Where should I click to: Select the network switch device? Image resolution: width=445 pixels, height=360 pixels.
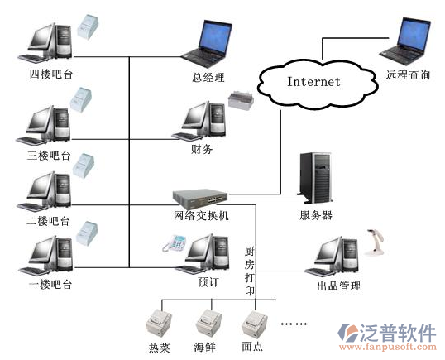(x=200, y=196)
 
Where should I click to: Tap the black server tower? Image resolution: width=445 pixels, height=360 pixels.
(x=315, y=178)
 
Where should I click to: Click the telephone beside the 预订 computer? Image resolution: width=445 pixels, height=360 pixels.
(x=175, y=243)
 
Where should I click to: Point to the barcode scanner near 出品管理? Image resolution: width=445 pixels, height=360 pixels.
(x=374, y=242)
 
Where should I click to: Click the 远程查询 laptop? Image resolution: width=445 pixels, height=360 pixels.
(x=406, y=41)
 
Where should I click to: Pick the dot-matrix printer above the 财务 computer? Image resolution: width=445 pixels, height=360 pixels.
(x=241, y=99)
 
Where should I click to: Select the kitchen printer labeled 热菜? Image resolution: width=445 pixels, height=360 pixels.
(x=159, y=324)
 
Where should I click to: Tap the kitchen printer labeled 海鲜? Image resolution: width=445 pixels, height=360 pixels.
(x=208, y=324)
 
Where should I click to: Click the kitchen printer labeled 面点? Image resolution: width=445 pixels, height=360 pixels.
(x=254, y=324)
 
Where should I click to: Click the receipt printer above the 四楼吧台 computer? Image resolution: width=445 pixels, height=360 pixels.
(x=88, y=26)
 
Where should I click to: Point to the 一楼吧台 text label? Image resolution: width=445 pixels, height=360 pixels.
(x=50, y=284)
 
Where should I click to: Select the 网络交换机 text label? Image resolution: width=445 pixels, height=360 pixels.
(x=201, y=216)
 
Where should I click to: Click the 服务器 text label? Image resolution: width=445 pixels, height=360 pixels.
(x=316, y=215)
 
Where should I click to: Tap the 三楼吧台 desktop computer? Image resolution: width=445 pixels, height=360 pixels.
(x=43, y=126)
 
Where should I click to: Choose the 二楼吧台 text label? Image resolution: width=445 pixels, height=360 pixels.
(x=48, y=221)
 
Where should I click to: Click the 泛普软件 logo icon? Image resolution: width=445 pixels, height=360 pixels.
(x=348, y=333)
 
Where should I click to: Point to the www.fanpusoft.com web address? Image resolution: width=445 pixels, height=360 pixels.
(x=388, y=347)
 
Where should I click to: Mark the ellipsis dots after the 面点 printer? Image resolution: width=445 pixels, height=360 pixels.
(x=294, y=324)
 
